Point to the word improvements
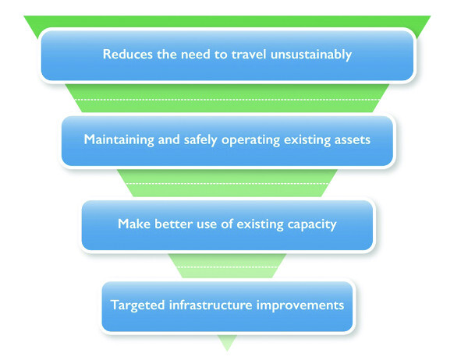tap(303, 305)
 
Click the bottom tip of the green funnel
tap(227, 348)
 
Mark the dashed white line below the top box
tap(226, 100)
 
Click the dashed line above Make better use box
tap(226, 184)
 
